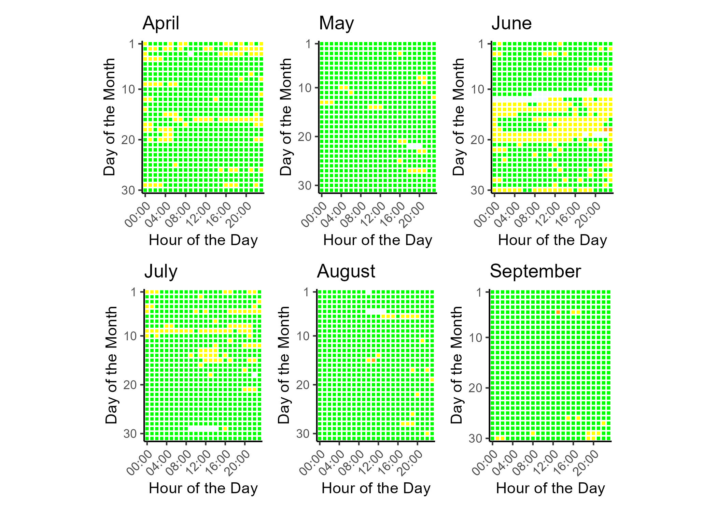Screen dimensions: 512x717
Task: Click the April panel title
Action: click(161, 24)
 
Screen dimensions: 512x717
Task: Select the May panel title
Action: click(336, 24)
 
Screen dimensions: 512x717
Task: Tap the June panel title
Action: click(511, 24)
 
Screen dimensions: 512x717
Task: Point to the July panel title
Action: click(161, 272)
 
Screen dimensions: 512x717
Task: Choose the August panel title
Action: click(346, 272)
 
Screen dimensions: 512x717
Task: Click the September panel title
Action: click(535, 272)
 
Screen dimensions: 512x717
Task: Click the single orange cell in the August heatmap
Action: click(374, 360)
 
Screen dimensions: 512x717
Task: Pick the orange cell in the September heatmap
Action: click(558, 312)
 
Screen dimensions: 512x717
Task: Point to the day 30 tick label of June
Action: click(477, 190)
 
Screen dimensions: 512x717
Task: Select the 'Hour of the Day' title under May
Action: click(378, 240)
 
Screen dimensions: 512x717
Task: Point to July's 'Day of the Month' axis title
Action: click(111, 365)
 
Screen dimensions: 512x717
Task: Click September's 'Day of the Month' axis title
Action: click(456, 365)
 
